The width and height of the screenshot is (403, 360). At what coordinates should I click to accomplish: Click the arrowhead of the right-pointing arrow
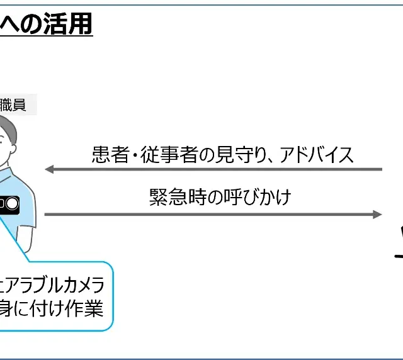[378, 214]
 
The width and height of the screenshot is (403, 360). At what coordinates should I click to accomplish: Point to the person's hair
[8, 123]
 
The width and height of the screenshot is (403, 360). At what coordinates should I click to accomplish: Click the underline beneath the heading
[47, 38]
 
